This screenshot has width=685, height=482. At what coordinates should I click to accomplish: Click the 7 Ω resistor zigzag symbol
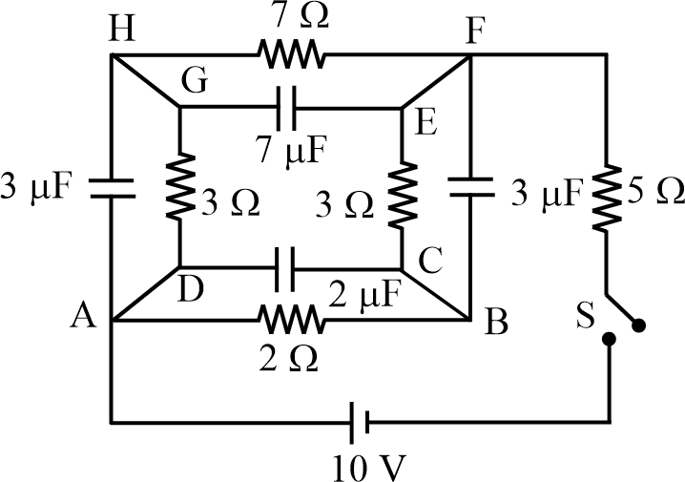click(x=292, y=55)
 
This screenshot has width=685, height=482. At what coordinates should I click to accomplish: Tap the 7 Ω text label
click(x=292, y=17)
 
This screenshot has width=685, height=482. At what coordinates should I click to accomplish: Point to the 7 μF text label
click(x=292, y=150)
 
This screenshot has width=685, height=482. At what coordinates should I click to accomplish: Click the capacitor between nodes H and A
click(x=113, y=187)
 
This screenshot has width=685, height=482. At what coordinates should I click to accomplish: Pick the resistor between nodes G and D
click(x=179, y=187)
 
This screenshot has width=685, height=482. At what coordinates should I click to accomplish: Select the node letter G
click(x=197, y=84)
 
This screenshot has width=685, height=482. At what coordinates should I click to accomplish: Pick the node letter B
click(x=494, y=325)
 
